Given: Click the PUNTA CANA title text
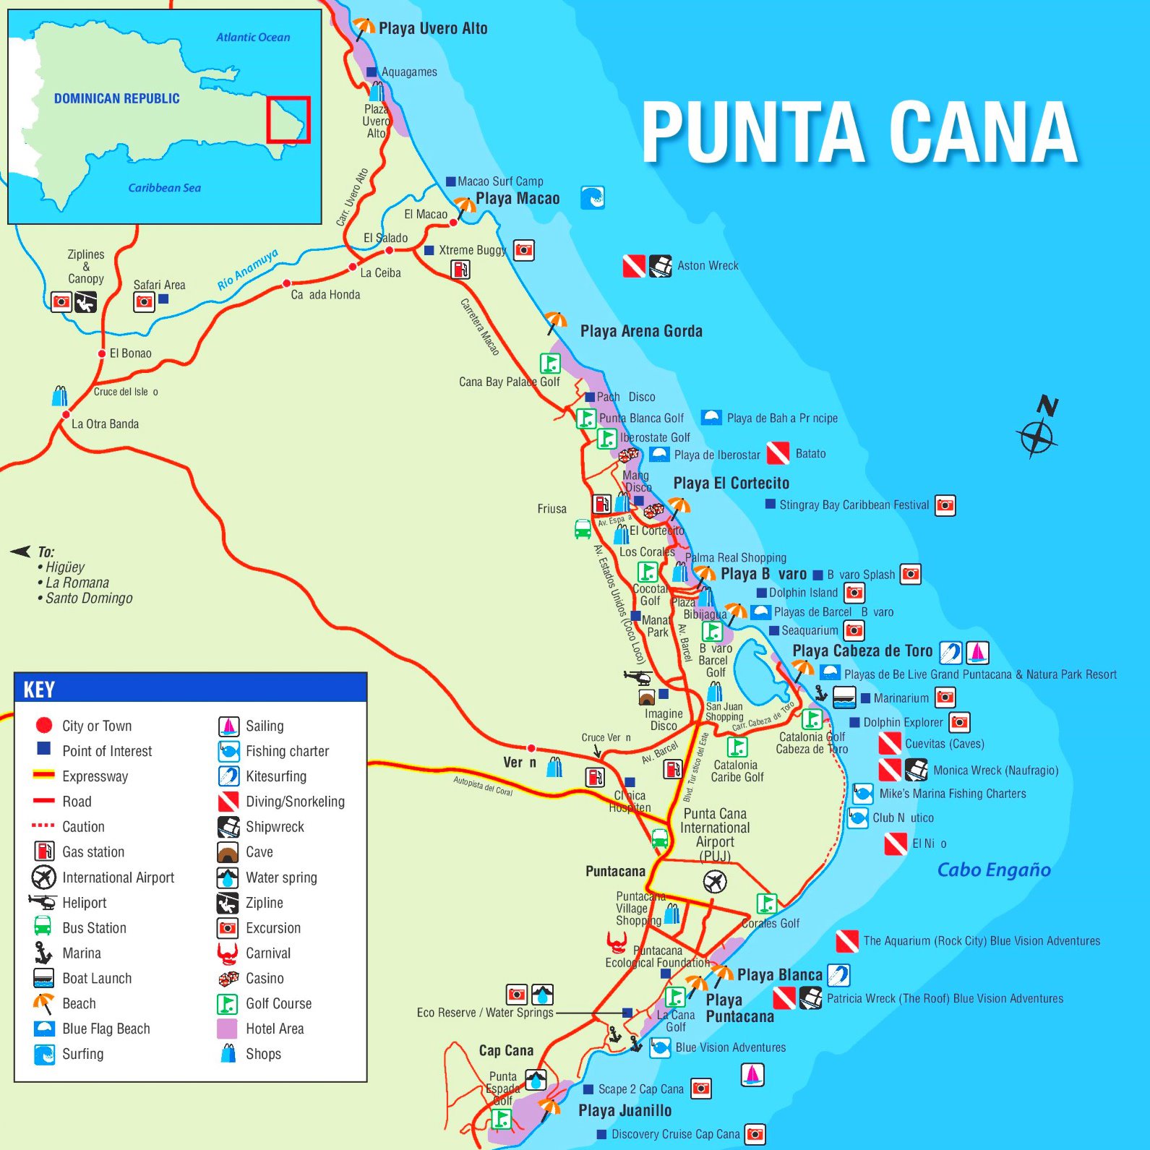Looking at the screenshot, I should tap(860, 132).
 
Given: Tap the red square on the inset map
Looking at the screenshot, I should tap(288, 119).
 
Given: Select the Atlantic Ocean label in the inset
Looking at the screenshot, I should tap(253, 37).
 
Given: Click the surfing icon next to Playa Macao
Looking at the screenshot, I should tap(592, 197).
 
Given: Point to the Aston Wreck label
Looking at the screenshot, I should tap(708, 265).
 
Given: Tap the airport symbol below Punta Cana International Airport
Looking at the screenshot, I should tap(714, 881).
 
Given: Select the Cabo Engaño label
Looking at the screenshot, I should tap(994, 870).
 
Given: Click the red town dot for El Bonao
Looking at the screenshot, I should tap(102, 353).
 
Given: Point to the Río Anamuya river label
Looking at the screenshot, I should tap(247, 269).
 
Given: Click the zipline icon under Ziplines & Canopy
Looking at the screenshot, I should tap(85, 301).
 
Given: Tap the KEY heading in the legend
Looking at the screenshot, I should tap(39, 690).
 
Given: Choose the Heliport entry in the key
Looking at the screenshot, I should tap(84, 903).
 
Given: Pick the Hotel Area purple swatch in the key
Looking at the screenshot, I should tap(227, 1029).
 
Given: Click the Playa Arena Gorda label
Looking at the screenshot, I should tap(641, 331).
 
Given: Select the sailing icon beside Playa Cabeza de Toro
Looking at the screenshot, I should tap(977, 652).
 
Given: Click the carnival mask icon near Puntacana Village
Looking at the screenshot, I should tap(617, 942).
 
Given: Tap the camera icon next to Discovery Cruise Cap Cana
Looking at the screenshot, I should tap(755, 1133).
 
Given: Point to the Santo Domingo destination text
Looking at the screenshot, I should tap(89, 598).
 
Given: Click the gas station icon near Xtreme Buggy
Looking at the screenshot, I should tap(460, 270).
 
